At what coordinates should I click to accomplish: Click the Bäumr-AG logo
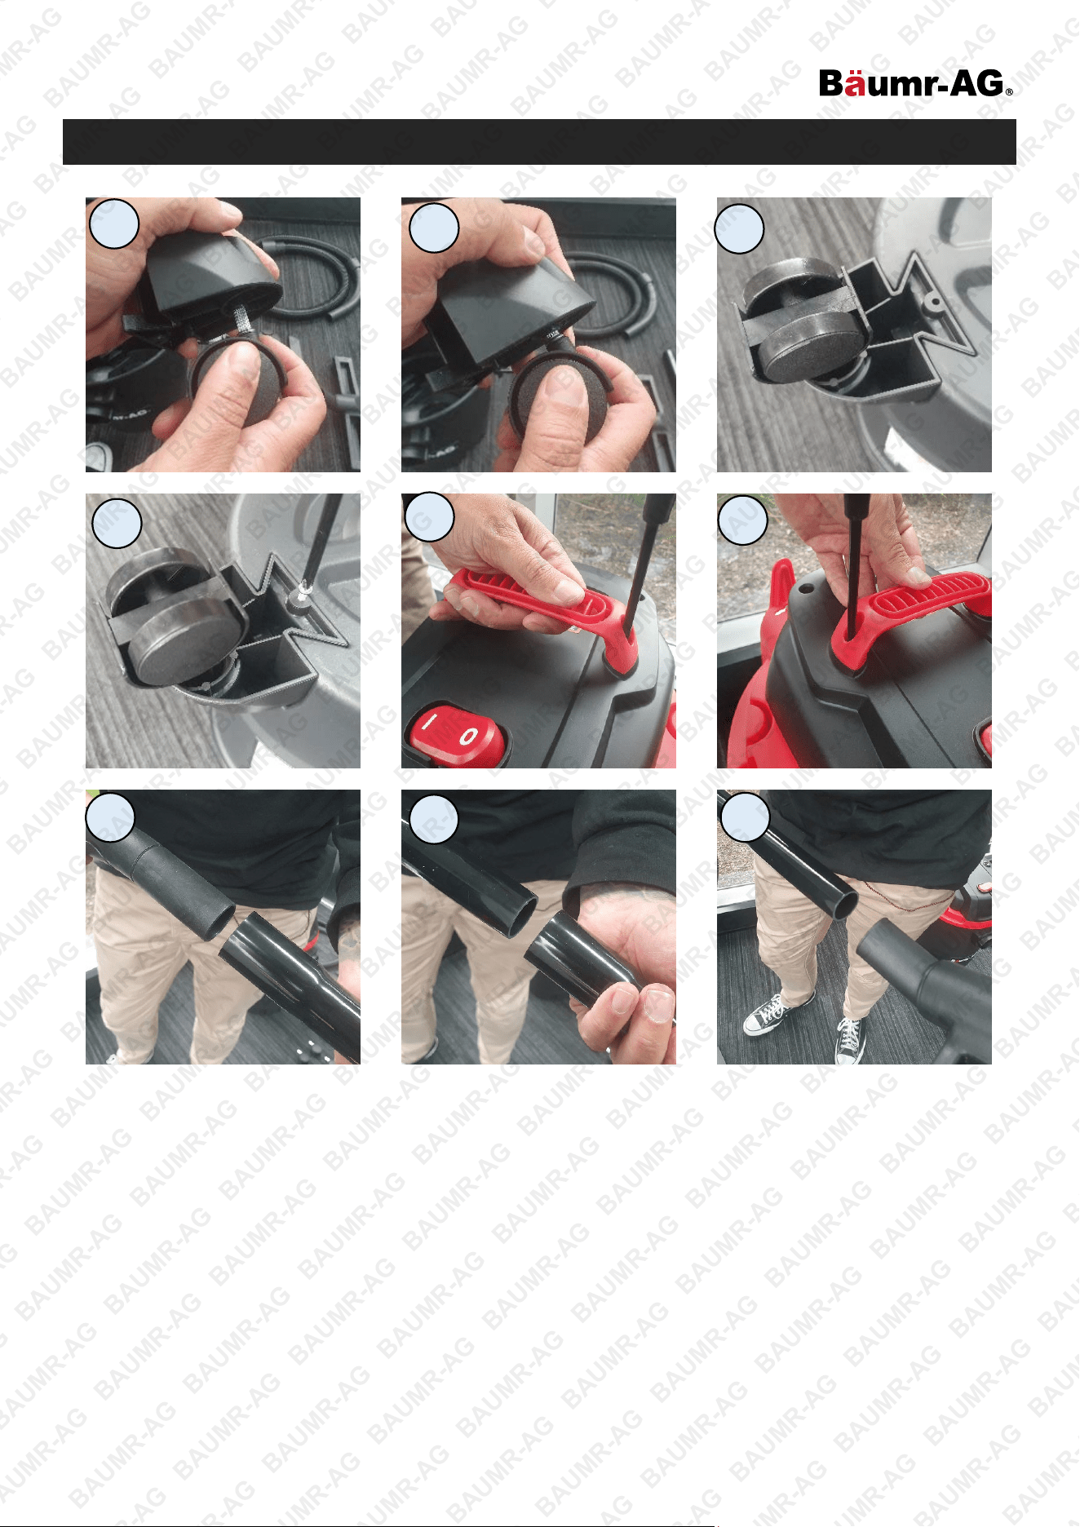[915, 83]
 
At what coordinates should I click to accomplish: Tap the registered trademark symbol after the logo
[1009, 92]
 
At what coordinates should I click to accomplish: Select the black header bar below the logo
[539, 142]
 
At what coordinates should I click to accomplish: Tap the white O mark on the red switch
[469, 738]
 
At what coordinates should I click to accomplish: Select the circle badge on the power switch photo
[428, 517]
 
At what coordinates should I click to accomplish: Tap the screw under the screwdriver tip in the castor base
[302, 596]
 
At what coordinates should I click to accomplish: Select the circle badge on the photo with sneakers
[745, 817]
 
